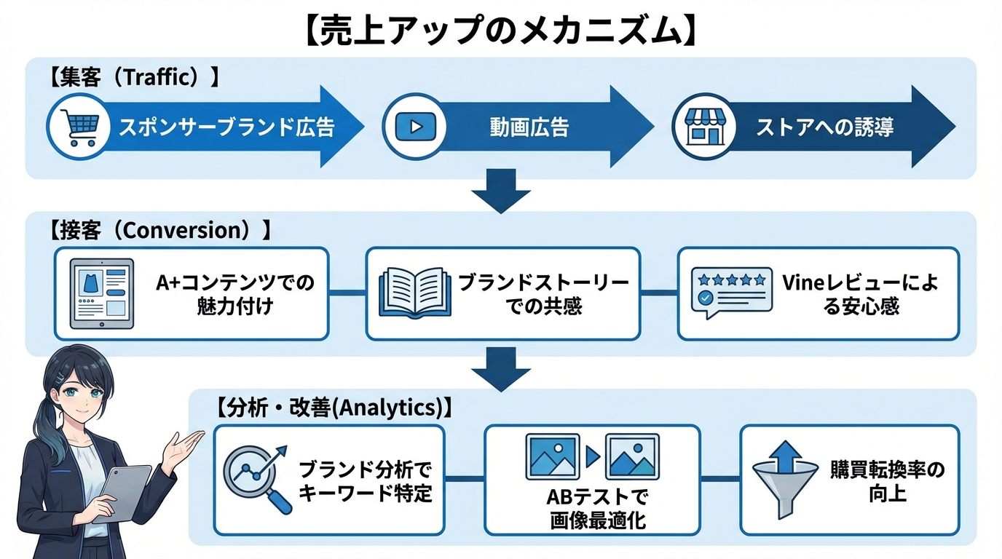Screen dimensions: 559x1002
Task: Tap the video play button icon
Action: coord(414,127)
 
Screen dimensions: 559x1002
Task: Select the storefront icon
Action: coord(702,127)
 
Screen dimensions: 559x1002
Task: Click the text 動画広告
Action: coord(529,128)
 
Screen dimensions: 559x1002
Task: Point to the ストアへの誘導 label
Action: coord(825,128)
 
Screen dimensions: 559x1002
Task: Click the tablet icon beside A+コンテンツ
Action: coord(101,293)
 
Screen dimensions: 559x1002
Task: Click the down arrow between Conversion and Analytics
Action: coord(501,368)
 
